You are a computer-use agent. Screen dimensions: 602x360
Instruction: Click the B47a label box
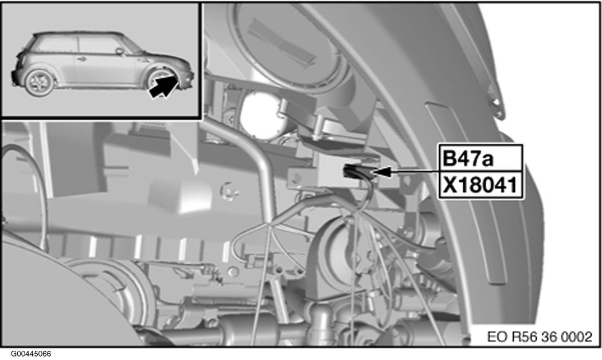point(480,158)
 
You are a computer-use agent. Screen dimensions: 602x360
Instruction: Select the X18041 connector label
point(480,185)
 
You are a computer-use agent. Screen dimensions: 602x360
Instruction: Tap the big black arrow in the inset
point(164,86)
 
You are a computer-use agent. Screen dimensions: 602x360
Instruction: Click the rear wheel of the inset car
point(40,82)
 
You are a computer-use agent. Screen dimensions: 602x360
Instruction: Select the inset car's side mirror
point(120,51)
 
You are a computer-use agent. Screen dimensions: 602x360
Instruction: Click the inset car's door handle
point(81,58)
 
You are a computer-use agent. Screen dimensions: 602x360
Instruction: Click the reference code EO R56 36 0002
point(540,337)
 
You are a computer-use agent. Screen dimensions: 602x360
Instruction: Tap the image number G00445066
point(31,354)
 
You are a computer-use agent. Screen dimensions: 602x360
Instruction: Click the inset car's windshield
point(132,45)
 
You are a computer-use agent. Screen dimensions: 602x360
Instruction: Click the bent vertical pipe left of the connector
point(260,165)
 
